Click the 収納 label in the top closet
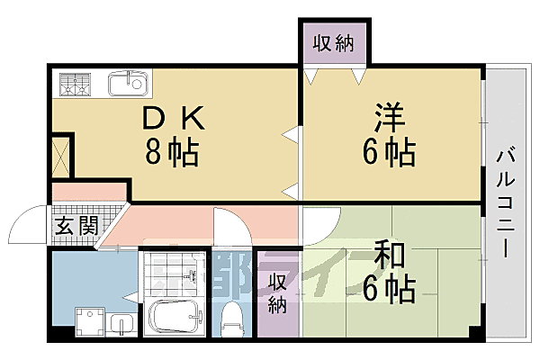point(334,42)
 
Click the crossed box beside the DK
point(60,155)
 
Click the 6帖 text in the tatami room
point(389,289)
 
